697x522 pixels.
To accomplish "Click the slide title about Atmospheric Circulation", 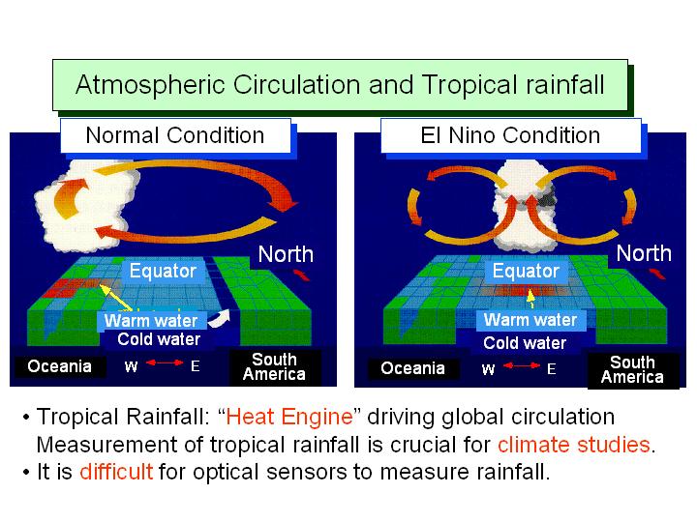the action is [340, 84].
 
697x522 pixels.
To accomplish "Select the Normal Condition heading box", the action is [175, 135].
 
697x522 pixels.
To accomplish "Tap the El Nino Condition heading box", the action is [511, 135].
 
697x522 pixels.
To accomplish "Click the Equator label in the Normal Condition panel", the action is [163, 271].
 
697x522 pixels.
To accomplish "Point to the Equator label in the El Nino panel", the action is [526, 271].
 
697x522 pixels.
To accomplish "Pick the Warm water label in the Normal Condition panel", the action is [151, 320].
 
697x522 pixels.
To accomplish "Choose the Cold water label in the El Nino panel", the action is [525, 343].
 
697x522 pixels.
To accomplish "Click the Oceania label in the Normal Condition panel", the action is [60, 366].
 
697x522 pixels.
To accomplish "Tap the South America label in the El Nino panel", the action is [632, 369].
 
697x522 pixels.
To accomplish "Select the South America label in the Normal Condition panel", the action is [274, 367].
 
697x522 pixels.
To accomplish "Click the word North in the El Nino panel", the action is [644, 253].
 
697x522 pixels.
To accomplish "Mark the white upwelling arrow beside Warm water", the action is [220, 318].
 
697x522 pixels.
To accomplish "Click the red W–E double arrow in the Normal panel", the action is [165, 362].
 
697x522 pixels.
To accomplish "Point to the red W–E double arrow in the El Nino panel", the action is [522, 365].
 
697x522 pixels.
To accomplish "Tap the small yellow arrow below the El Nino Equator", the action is [530, 299].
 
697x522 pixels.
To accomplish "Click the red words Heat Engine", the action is [289, 417].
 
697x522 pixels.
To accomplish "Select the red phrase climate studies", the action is [574, 445].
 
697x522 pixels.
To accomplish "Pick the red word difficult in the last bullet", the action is [116, 472].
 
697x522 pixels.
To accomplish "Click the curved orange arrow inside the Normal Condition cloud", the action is [67, 197].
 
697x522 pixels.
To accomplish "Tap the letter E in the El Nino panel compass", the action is [551, 369].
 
